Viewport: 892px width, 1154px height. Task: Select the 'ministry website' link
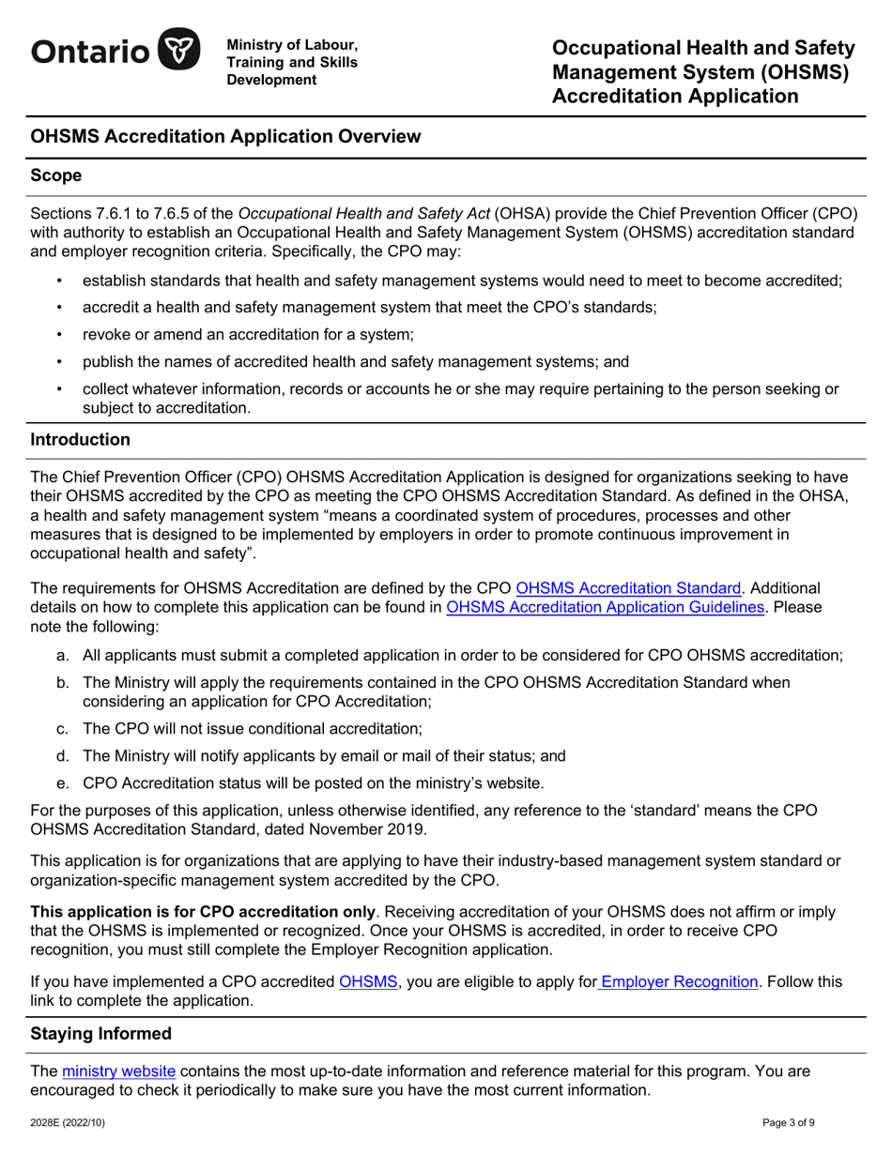118,1071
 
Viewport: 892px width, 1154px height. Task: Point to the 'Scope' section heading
56,175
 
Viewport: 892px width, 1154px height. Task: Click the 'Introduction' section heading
80,439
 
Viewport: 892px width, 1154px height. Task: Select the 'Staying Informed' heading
101,1034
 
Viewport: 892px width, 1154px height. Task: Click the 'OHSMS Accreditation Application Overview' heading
225,137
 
